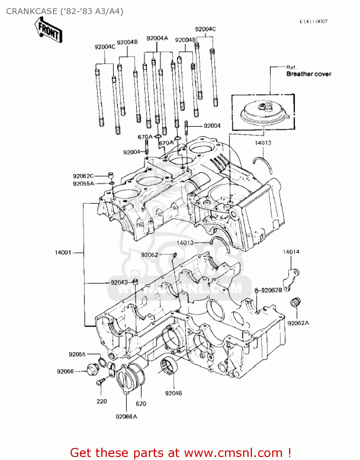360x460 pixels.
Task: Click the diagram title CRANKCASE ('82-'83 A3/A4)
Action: tap(65, 11)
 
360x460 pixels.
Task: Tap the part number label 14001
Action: tap(63, 253)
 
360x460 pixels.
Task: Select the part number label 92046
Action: tap(173, 393)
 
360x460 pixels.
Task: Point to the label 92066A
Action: tap(126, 416)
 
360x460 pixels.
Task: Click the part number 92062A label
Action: tap(298, 323)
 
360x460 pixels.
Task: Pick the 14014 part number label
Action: tap(291, 252)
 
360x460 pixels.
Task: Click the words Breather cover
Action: tap(309, 74)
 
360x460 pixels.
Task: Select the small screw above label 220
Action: tap(100, 381)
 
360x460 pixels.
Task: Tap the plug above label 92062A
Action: tap(295, 302)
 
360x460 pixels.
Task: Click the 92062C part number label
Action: tap(83, 176)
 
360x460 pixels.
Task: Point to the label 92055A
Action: tap(83, 184)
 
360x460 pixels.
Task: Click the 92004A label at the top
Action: tap(157, 38)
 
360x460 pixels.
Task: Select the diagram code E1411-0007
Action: tap(314, 21)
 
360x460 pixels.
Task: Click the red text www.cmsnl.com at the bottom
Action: tap(233, 453)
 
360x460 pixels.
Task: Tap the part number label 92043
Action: tap(119, 282)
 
